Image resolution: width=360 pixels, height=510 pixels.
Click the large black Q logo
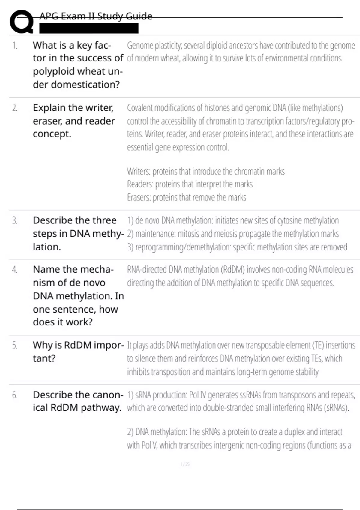click(x=21, y=22)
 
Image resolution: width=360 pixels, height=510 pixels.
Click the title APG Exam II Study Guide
click(x=96, y=16)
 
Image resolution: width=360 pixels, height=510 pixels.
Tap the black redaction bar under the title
click(x=89, y=28)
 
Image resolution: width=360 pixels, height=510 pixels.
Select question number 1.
click(x=15, y=46)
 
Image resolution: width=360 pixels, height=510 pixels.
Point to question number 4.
click(x=15, y=270)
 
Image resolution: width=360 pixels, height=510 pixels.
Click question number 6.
click(x=15, y=395)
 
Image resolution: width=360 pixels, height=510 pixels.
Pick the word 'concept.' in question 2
click(x=52, y=134)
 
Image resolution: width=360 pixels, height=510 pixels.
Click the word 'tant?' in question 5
click(x=44, y=358)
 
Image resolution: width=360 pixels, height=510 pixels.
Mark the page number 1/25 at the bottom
click(x=185, y=464)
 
